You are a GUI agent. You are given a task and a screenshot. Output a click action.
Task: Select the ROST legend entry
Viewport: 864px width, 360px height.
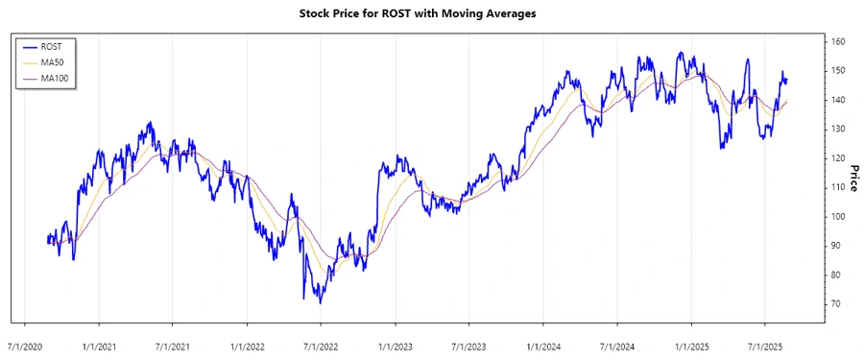point(52,46)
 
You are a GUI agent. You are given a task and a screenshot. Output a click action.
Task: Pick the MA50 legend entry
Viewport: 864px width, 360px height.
point(53,61)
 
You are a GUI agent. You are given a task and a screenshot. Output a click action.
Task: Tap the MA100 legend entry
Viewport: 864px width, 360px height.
point(55,78)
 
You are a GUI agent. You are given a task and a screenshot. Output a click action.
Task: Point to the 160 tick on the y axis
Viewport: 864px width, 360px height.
point(838,42)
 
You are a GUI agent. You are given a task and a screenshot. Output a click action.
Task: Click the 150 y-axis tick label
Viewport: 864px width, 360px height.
point(838,71)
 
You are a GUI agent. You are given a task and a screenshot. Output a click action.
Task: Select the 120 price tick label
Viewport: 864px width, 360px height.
point(838,158)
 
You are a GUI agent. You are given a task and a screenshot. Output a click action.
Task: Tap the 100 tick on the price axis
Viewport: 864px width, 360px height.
point(838,217)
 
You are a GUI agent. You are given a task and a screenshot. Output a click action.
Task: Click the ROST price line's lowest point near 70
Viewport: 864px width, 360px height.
point(320,303)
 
